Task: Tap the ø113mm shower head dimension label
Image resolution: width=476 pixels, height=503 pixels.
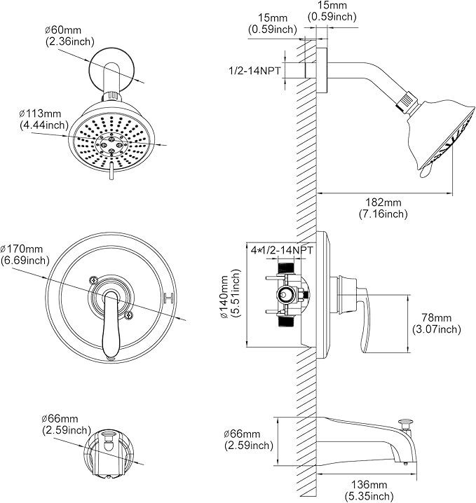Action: coord(43,118)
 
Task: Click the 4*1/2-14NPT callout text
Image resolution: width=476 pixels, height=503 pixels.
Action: coord(283,249)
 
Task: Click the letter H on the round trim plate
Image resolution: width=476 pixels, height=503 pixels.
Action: coord(168,299)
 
